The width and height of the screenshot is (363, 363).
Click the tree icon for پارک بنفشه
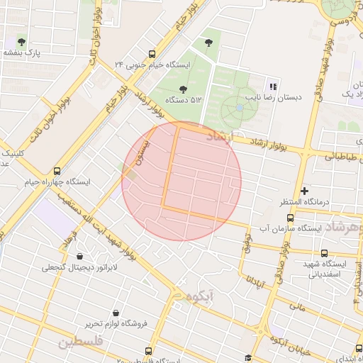pyautogui.click(x=22, y=42)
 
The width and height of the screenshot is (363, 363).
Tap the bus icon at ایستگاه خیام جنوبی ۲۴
pyautogui.click(x=152, y=54)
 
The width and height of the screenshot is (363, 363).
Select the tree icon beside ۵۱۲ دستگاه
pyautogui.click(x=184, y=89)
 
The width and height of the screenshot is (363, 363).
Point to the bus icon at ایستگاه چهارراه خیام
pyautogui.click(x=57, y=171)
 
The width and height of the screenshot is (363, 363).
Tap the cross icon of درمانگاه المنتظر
pyautogui.click(x=305, y=191)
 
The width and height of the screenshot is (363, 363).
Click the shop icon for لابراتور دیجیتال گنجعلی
pyautogui.click(x=78, y=256)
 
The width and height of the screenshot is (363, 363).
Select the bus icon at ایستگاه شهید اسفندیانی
pyautogui.click(x=324, y=253)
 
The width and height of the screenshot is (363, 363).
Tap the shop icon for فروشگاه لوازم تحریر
pyautogui.click(x=116, y=313)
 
